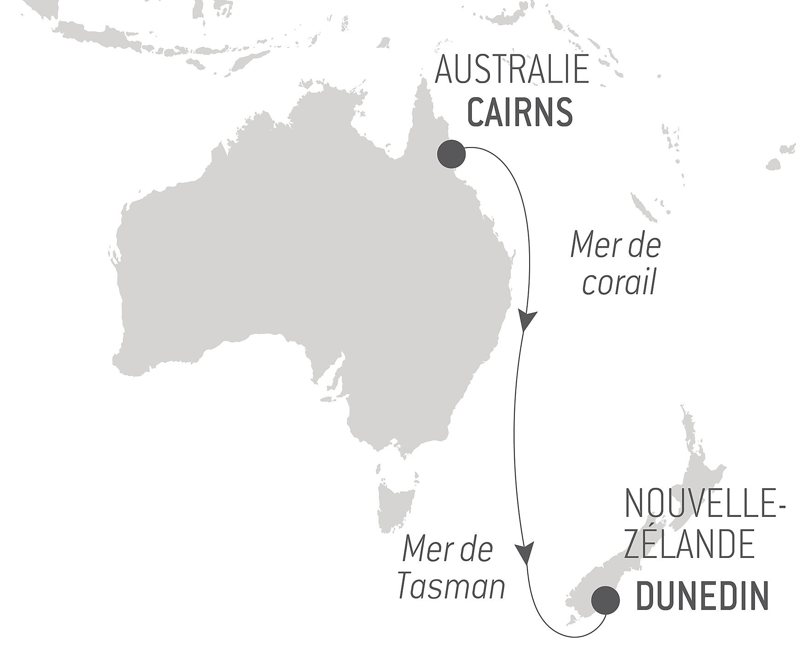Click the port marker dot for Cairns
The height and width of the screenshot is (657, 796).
(451, 154)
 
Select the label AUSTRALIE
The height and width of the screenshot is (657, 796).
(512, 70)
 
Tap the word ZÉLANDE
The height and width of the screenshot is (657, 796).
(689, 545)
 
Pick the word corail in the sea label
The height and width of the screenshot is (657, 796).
(619, 284)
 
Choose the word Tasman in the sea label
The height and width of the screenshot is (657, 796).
(451, 586)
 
